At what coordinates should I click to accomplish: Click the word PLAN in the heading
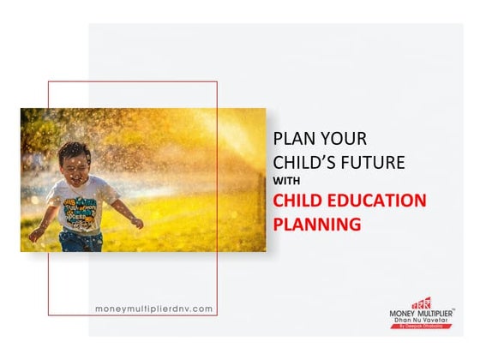point(289,138)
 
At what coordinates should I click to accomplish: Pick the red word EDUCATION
point(379,202)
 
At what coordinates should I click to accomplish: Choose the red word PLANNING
point(316,225)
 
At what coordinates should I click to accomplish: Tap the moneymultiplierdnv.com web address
point(154,308)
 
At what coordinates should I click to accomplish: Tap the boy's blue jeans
point(80,243)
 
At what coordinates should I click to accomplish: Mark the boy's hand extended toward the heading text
point(137,223)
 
